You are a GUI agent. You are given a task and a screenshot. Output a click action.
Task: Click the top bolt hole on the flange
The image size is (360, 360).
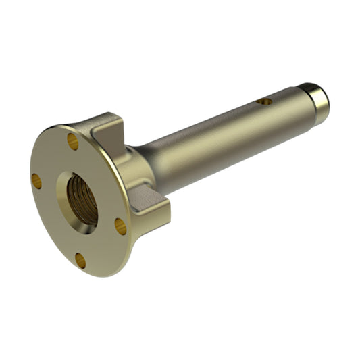[x=73, y=141]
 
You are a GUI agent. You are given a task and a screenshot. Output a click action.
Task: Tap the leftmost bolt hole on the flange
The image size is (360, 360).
[x=36, y=180]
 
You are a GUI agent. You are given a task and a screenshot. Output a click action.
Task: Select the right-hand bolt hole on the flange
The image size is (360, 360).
[x=120, y=226]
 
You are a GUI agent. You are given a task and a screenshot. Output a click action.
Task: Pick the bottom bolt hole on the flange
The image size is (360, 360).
[x=80, y=261]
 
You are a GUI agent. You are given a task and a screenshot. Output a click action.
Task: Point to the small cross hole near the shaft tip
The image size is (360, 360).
[x=264, y=101]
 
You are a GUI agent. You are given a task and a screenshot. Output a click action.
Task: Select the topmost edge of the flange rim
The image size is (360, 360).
[x=61, y=126]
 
